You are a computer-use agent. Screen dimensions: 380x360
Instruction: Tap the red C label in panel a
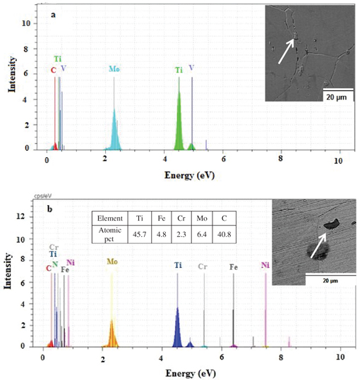click(53, 70)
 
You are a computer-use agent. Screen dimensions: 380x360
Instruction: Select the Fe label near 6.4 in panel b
click(234, 267)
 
